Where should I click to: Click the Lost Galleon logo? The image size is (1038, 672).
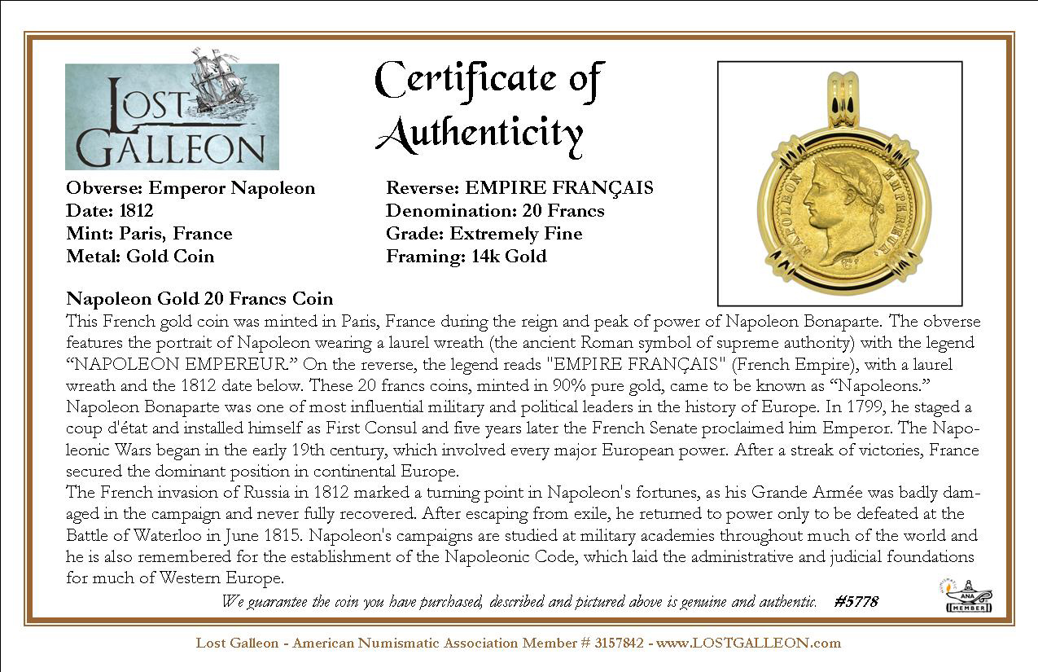172,116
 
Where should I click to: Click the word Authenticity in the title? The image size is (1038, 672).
480,134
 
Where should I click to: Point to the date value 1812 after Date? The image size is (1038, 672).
136,211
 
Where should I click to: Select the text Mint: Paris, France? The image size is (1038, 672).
149,234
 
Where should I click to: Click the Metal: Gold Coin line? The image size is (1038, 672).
140,257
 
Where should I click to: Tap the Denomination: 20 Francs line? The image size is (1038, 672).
495,211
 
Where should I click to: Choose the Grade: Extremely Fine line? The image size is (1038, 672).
484,234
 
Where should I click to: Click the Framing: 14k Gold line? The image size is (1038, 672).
466,257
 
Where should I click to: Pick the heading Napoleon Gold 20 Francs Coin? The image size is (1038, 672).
199,299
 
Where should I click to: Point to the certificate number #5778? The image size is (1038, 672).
856,602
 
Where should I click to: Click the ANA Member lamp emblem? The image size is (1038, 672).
968,596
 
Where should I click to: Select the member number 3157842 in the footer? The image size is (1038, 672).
620,643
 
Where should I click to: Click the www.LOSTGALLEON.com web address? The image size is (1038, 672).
748,643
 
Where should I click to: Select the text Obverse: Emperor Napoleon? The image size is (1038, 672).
191,188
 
